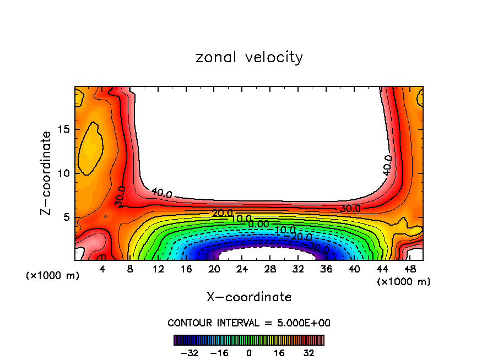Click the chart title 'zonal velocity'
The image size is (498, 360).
pos(249,57)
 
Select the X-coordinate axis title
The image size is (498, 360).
pos(249,297)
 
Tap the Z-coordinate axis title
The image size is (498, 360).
pos(47,173)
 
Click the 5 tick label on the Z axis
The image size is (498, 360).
pos(63,217)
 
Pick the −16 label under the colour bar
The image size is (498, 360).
pos(219,352)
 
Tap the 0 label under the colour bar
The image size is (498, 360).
pos(249,352)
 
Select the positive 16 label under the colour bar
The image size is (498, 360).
pos(279,352)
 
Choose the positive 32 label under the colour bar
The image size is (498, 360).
pos(309,352)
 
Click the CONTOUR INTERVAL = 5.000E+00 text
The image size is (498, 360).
pos(249,323)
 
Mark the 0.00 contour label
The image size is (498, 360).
pos(258,224)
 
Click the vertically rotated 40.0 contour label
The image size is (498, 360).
pos(388,165)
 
